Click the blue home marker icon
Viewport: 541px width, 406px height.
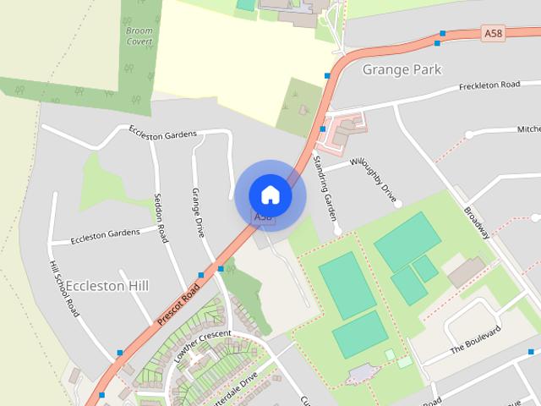[x=270, y=195]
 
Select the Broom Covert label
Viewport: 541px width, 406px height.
[x=139, y=36]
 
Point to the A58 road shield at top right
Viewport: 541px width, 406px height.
[x=493, y=32]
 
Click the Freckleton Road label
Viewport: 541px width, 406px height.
[x=489, y=85]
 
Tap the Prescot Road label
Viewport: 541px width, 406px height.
[x=178, y=305]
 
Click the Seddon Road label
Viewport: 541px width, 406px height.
[x=161, y=218]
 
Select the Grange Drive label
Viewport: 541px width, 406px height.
[x=198, y=212]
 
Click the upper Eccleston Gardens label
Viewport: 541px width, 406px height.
[x=162, y=133]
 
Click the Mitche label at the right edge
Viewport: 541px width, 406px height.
[x=527, y=129]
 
